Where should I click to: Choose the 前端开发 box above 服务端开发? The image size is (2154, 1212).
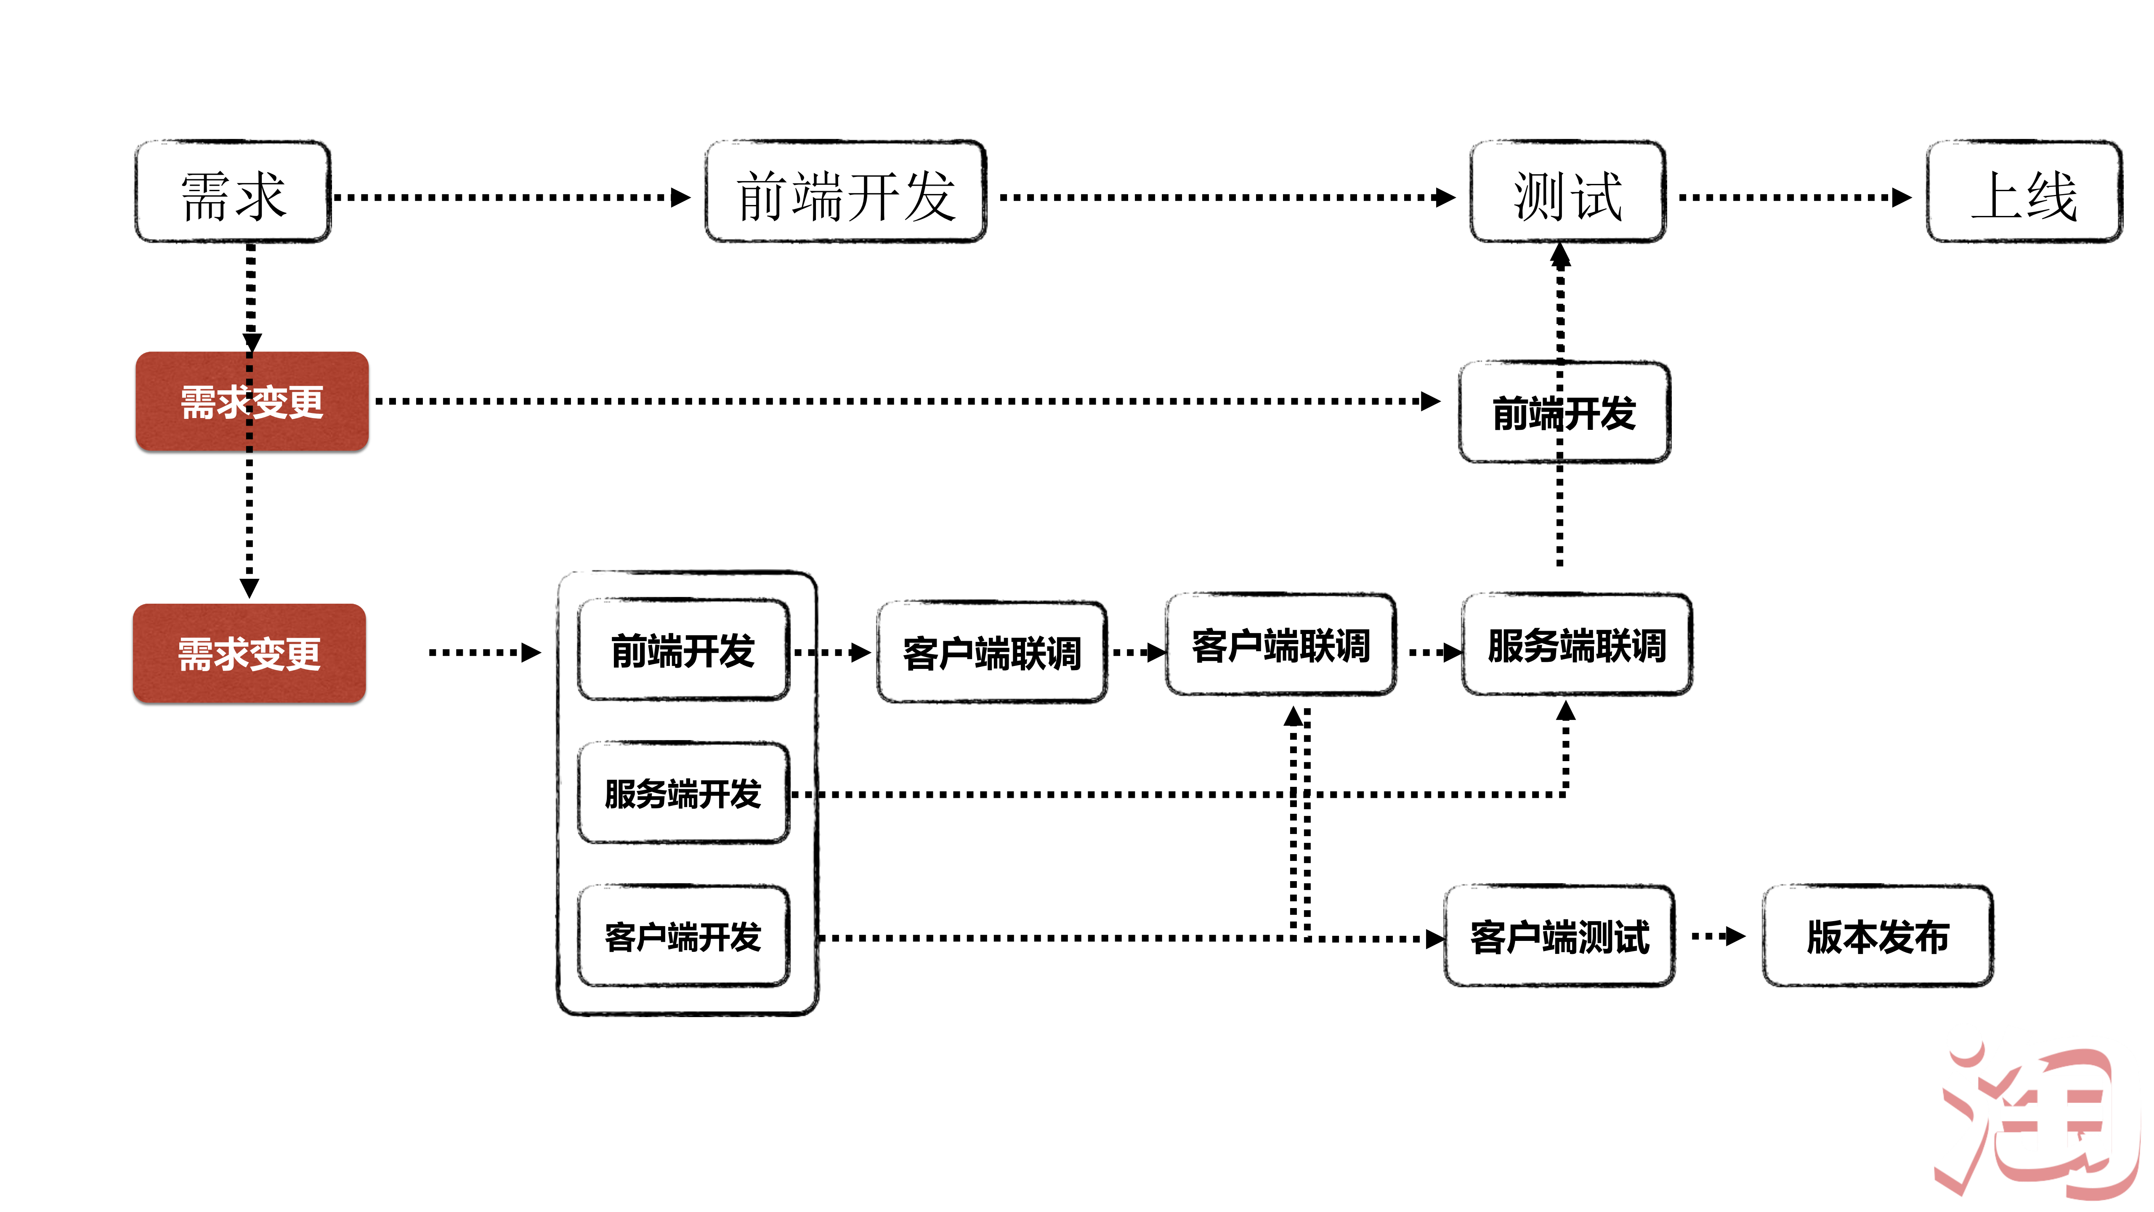pyautogui.click(x=683, y=650)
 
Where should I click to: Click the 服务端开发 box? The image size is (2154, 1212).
pyautogui.click(x=683, y=793)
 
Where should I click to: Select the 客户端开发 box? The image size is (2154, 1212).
pyautogui.click(x=683, y=936)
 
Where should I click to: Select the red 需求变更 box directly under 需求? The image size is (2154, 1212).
pyautogui.click(x=252, y=402)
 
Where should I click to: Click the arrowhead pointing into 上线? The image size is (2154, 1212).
pyautogui.click(x=1902, y=197)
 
